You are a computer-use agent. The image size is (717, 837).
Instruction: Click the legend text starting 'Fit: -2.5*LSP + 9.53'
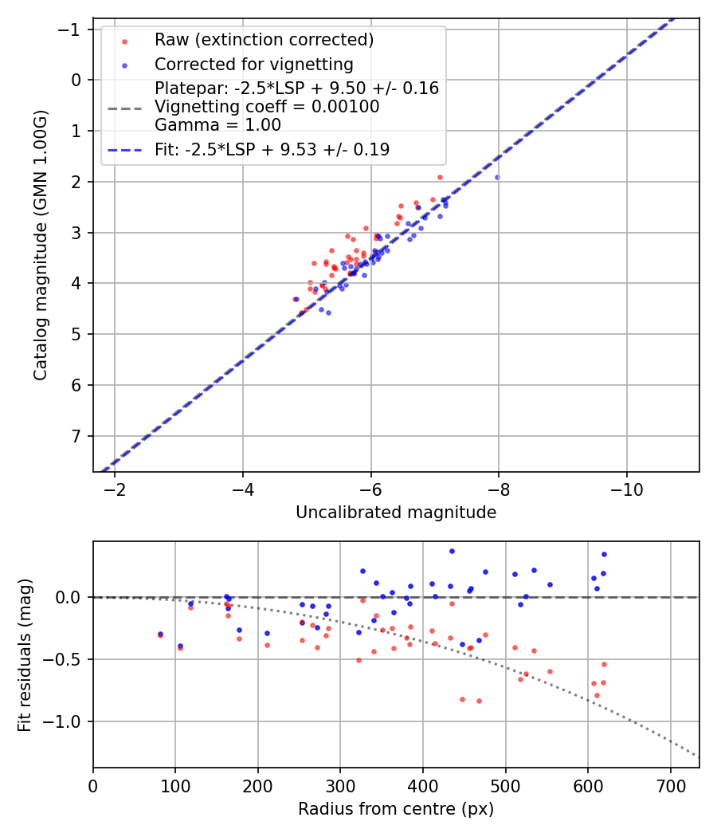pos(272,149)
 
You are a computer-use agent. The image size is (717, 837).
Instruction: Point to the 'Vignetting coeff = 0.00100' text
pos(267,107)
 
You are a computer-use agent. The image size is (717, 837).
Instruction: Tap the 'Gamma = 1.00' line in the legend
pos(217,124)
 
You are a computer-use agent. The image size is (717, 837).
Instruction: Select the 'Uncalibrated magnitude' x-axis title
pos(396,512)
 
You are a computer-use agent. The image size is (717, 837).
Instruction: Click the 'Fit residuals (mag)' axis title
pos(25,654)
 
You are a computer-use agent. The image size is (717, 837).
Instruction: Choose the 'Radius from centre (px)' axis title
pos(396,809)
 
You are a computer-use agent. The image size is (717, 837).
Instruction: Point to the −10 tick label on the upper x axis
pos(626,489)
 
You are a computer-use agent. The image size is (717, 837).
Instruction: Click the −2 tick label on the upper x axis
pos(115,489)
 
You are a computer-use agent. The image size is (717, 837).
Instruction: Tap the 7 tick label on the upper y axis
pos(76,436)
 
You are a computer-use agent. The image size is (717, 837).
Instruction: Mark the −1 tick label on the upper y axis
pos(72,29)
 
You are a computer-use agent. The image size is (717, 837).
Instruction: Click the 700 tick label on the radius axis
pos(670,786)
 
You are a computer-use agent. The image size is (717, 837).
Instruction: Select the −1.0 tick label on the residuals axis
pos(67,721)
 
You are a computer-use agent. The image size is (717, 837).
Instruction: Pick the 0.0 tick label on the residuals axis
pos(70,597)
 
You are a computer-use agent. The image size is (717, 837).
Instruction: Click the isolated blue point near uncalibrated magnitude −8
pos(497,177)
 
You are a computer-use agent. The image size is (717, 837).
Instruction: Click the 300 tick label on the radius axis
pos(340,786)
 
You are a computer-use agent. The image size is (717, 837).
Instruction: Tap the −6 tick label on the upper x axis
pos(370,489)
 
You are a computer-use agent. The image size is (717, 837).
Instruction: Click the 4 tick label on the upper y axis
pos(76,283)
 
